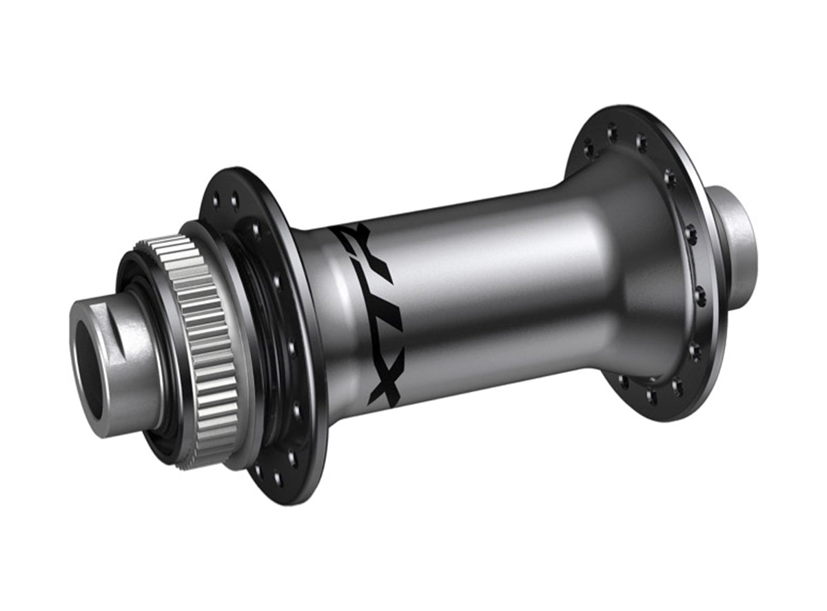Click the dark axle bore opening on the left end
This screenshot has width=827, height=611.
(88, 369)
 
